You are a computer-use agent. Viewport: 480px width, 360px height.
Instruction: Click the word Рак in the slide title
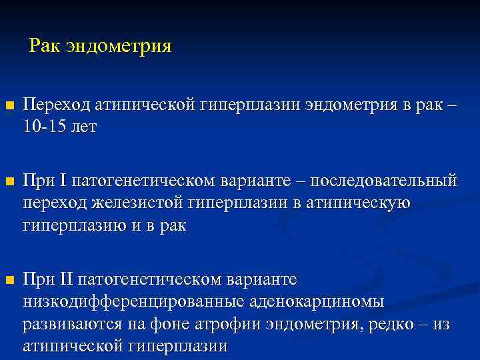point(45,47)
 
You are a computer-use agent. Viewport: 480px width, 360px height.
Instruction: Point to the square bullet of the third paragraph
point(8,279)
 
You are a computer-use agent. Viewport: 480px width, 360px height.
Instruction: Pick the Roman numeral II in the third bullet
point(67,277)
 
